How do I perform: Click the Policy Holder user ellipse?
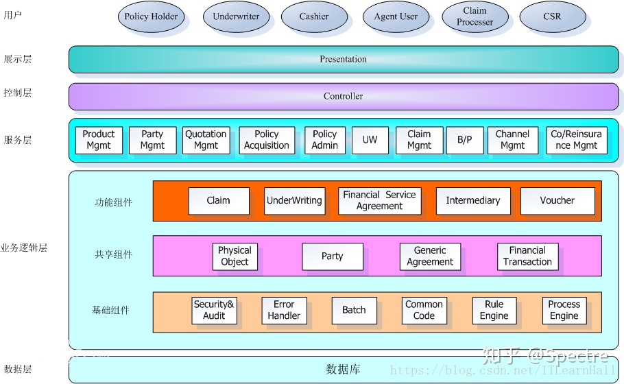click(x=151, y=16)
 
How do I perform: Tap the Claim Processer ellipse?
click(x=475, y=16)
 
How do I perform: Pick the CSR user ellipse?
click(x=552, y=16)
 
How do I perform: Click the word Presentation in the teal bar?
click(x=343, y=59)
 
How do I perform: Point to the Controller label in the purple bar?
click(x=343, y=96)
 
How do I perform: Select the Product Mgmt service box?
click(x=99, y=140)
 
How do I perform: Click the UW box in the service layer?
click(x=370, y=140)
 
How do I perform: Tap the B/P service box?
click(x=465, y=140)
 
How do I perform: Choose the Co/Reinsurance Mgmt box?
click(x=576, y=140)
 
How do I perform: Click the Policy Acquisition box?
click(x=267, y=140)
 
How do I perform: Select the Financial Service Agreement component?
click(x=379, y=200)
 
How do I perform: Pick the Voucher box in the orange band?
click(x=557, y=200)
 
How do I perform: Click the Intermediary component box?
click(x=473, y=200)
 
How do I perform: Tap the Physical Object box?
click(x=235, y=256)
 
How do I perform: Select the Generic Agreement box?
click(x=430, y=256)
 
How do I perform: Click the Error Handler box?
click(x=284, y=310)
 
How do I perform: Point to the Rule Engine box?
click(x=494, y=310)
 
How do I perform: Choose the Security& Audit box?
click(x=214, y=310)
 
